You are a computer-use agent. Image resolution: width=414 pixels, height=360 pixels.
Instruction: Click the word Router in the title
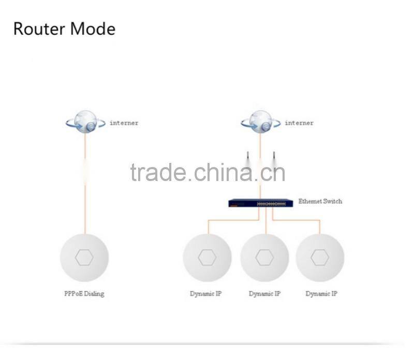click(x=39, y=28)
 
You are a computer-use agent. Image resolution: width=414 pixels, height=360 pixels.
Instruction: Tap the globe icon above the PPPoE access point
click(x=85, y=123)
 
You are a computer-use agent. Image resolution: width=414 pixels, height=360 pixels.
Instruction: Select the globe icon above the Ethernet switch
click(x=260, y=123)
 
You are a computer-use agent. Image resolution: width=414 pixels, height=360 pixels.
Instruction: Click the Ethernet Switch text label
click(x=320, y=201)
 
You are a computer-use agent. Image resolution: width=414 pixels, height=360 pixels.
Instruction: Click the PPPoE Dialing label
click(x=84, y=294)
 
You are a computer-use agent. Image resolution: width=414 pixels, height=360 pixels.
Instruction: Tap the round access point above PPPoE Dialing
click(x=84, y=258)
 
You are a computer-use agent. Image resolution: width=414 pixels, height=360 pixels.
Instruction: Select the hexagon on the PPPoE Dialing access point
click(x=84, y=257)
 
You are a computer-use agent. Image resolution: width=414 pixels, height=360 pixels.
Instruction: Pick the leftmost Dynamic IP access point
click(x=207, y=258)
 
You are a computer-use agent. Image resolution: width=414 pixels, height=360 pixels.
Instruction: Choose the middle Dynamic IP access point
click(x=264, y=258)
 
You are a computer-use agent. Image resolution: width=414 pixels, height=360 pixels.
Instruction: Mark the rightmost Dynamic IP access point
click(x=320, y=258)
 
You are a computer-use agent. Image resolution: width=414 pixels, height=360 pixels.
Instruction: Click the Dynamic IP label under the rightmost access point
click(x=321, y=294)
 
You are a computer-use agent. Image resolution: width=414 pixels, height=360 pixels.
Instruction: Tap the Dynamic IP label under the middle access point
click(x=264, y=294)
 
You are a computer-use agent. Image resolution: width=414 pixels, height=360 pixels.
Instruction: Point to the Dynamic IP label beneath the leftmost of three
click(x=205, y=294)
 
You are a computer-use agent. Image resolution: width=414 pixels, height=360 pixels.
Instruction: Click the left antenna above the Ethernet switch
click(x=247, y=156)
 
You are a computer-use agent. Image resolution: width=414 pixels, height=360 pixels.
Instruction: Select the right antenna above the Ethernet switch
click(x=273, y=156)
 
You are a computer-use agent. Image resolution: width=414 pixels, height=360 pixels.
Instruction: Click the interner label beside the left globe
click(x=124, y=123)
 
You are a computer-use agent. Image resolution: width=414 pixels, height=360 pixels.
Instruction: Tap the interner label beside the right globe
click(x=299, y=123)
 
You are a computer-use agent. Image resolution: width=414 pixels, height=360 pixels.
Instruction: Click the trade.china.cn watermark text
click(x=208, y=172)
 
